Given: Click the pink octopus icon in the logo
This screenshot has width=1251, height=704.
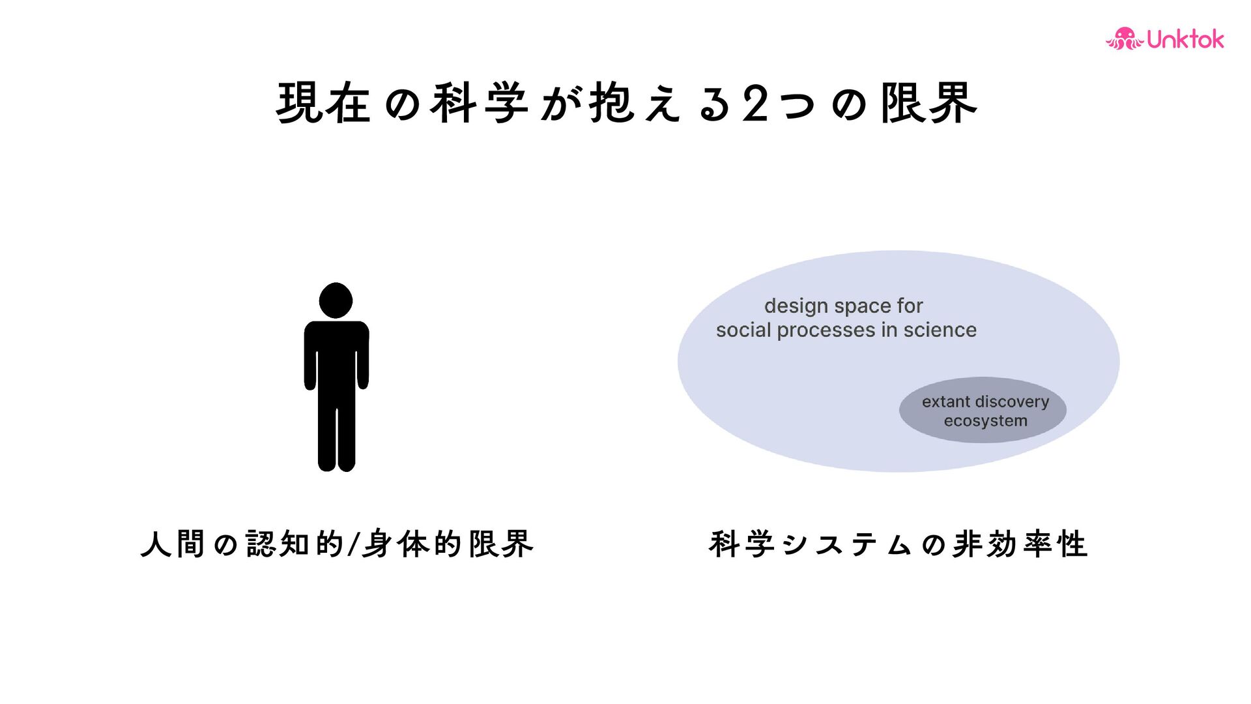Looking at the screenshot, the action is coord(1124,39).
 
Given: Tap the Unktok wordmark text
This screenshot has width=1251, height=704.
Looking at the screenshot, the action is coord(1185,40).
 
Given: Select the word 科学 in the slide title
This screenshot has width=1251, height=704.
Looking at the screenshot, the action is coord(479,104).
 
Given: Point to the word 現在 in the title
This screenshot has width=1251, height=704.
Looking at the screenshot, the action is coord(323,104).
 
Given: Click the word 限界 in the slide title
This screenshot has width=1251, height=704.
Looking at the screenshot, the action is coord(928,104).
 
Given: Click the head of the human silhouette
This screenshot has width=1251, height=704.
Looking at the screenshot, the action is coord(336,301).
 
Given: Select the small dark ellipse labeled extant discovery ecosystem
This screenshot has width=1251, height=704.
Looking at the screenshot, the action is coord(982,411).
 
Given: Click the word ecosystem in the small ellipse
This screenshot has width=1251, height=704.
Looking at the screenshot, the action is coord(985,421).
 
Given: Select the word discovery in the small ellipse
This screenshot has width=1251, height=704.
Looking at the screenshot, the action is coord(1013,402).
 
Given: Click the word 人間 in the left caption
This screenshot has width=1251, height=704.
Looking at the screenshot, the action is coord(173,544).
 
